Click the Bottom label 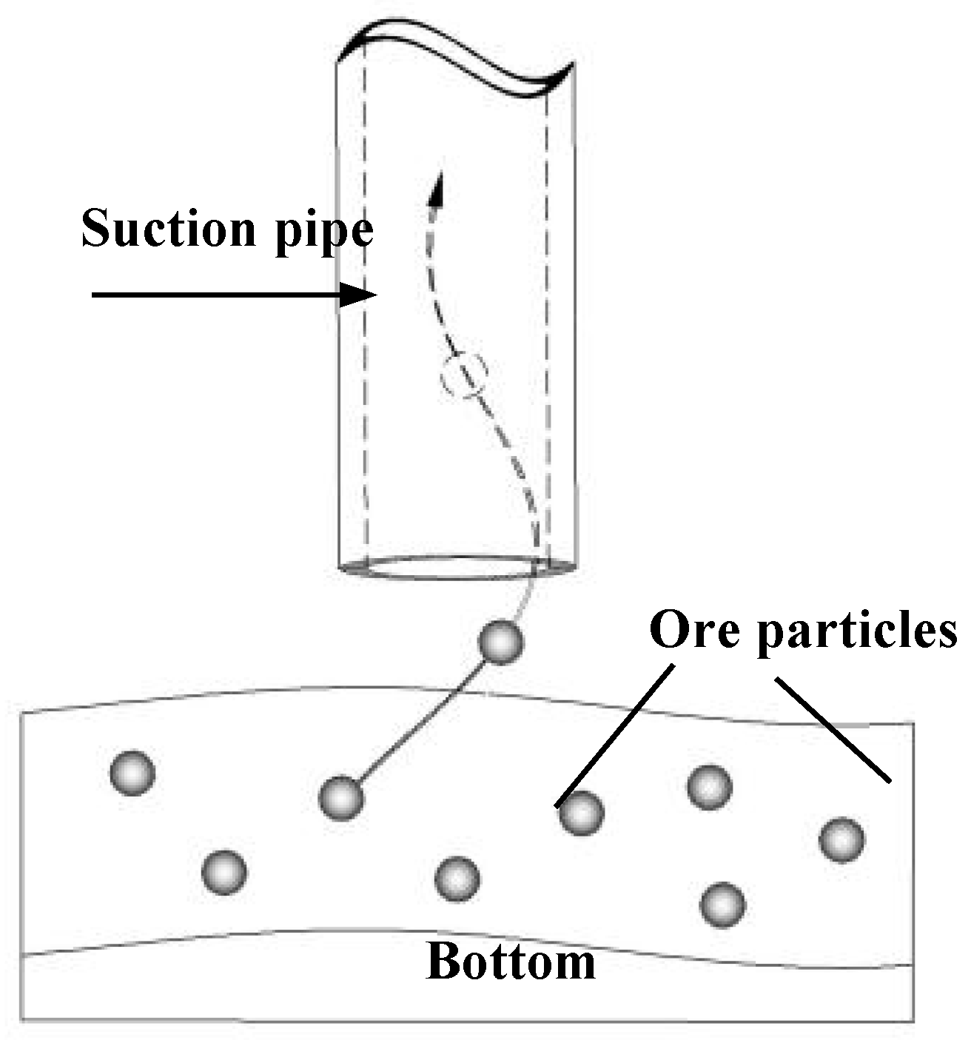(511, 962)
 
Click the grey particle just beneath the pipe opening (501, 642)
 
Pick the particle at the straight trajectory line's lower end (341, 798)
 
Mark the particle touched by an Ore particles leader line (581, 813)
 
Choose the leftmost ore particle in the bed (132, 773)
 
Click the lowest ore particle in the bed (722, 904)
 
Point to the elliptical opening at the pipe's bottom (457, 568)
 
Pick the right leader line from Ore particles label (832, 729)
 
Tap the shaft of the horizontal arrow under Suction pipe (215, 295)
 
